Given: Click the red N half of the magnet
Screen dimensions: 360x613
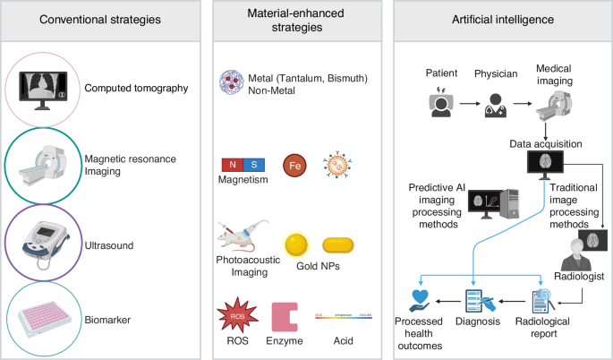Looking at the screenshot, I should pos(231,164).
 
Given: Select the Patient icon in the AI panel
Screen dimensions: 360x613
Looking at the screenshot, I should pos(439,105).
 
